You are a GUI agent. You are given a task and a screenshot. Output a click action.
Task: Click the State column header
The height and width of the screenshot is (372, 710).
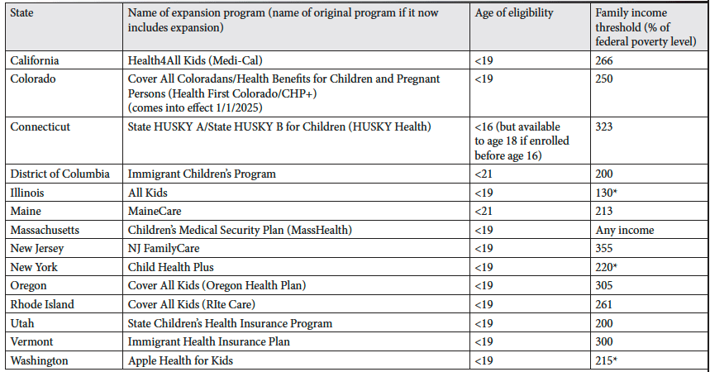(21, 12)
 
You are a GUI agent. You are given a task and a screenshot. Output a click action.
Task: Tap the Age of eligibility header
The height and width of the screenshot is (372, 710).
(514, 13)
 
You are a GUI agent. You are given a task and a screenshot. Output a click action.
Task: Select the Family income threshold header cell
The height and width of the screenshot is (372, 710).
(646, 27)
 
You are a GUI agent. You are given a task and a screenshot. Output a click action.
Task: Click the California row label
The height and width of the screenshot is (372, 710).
(35, 60)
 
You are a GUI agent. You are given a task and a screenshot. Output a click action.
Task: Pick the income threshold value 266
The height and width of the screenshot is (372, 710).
(604, 60)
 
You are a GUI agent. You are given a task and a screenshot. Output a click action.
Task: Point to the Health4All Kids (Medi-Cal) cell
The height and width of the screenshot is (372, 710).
(195, 60)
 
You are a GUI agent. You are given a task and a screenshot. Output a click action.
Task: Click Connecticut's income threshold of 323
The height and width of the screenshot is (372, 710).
(604, 126)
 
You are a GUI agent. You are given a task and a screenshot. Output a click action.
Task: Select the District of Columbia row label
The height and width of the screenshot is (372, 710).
(60, 174)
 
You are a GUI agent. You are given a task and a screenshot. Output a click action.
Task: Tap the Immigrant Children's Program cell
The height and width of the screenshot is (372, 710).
(202, 174)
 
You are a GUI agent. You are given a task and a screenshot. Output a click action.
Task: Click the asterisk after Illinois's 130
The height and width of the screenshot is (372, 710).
(615, 192)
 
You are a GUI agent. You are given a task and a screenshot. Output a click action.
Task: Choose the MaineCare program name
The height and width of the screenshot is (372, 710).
(155, 211)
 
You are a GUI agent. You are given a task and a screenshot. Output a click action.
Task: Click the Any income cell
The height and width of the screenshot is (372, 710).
(625, 230)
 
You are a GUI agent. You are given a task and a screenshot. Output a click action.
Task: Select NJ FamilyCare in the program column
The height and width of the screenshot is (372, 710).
(164, 248)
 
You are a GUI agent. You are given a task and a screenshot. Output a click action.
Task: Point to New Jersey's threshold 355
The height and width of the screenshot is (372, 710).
(604, 248)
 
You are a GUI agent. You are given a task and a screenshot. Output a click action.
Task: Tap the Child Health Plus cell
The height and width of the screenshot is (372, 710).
(171, 267)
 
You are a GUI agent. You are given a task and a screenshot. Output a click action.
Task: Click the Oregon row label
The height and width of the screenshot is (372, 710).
(29, 286)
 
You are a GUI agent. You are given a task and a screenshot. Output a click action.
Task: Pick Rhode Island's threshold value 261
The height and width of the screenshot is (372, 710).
(604, 304)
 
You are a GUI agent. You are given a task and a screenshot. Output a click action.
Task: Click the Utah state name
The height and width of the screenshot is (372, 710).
(22, 323)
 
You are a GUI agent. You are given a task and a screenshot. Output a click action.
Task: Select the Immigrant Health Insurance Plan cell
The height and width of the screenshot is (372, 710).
(209, 341)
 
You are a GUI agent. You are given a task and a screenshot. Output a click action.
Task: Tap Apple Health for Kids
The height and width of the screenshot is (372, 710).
(180, 360)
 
